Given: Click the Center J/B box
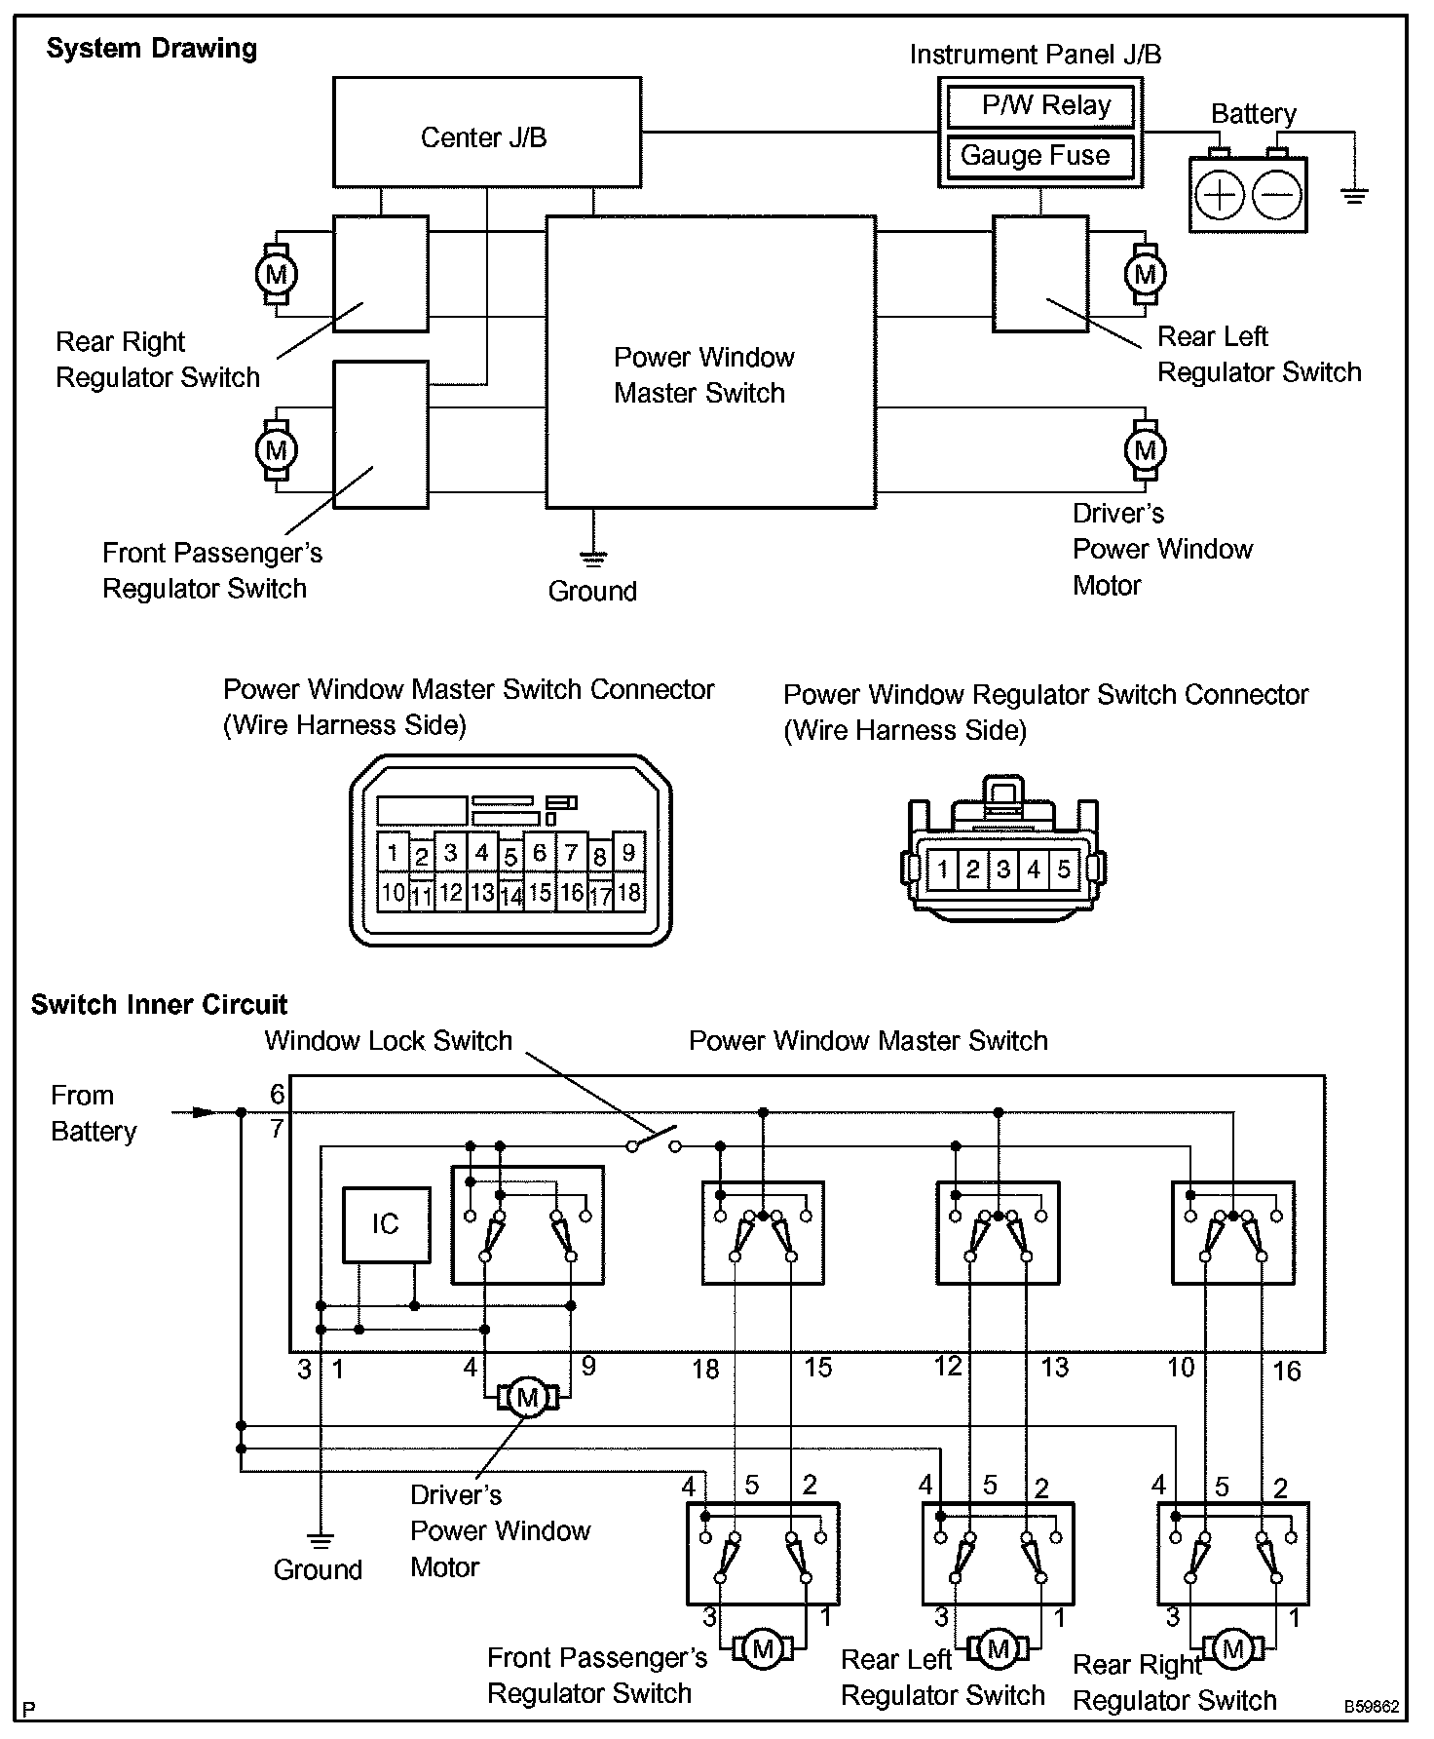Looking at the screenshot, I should click(486, 133).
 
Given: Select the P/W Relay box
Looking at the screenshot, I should click(1041, 106).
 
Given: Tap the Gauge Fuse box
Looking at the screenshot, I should click(1039, 156).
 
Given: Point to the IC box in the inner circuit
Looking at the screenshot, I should click(386, 1224).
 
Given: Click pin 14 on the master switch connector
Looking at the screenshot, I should click(511, 895).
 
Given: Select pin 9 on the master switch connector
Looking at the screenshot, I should click(629, 853).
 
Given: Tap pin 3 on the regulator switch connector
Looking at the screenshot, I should click(1003, 869).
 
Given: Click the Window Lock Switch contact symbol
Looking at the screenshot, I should click(653, 1140).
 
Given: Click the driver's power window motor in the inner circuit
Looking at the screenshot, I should click(528, 1398).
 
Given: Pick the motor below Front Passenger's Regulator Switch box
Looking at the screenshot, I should click(764, 1648).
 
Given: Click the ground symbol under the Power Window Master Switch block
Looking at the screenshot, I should click(592, 558).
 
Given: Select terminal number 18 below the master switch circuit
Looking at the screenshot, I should click(705, 1369).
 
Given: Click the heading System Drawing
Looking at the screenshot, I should click(152, 49).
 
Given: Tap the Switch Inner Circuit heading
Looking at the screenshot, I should click(159, 1005).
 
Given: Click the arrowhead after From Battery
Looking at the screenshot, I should click(203, 1111).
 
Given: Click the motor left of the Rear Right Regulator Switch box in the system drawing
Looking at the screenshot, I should click(276, 274).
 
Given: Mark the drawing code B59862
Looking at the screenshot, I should click(1372, 1707).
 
